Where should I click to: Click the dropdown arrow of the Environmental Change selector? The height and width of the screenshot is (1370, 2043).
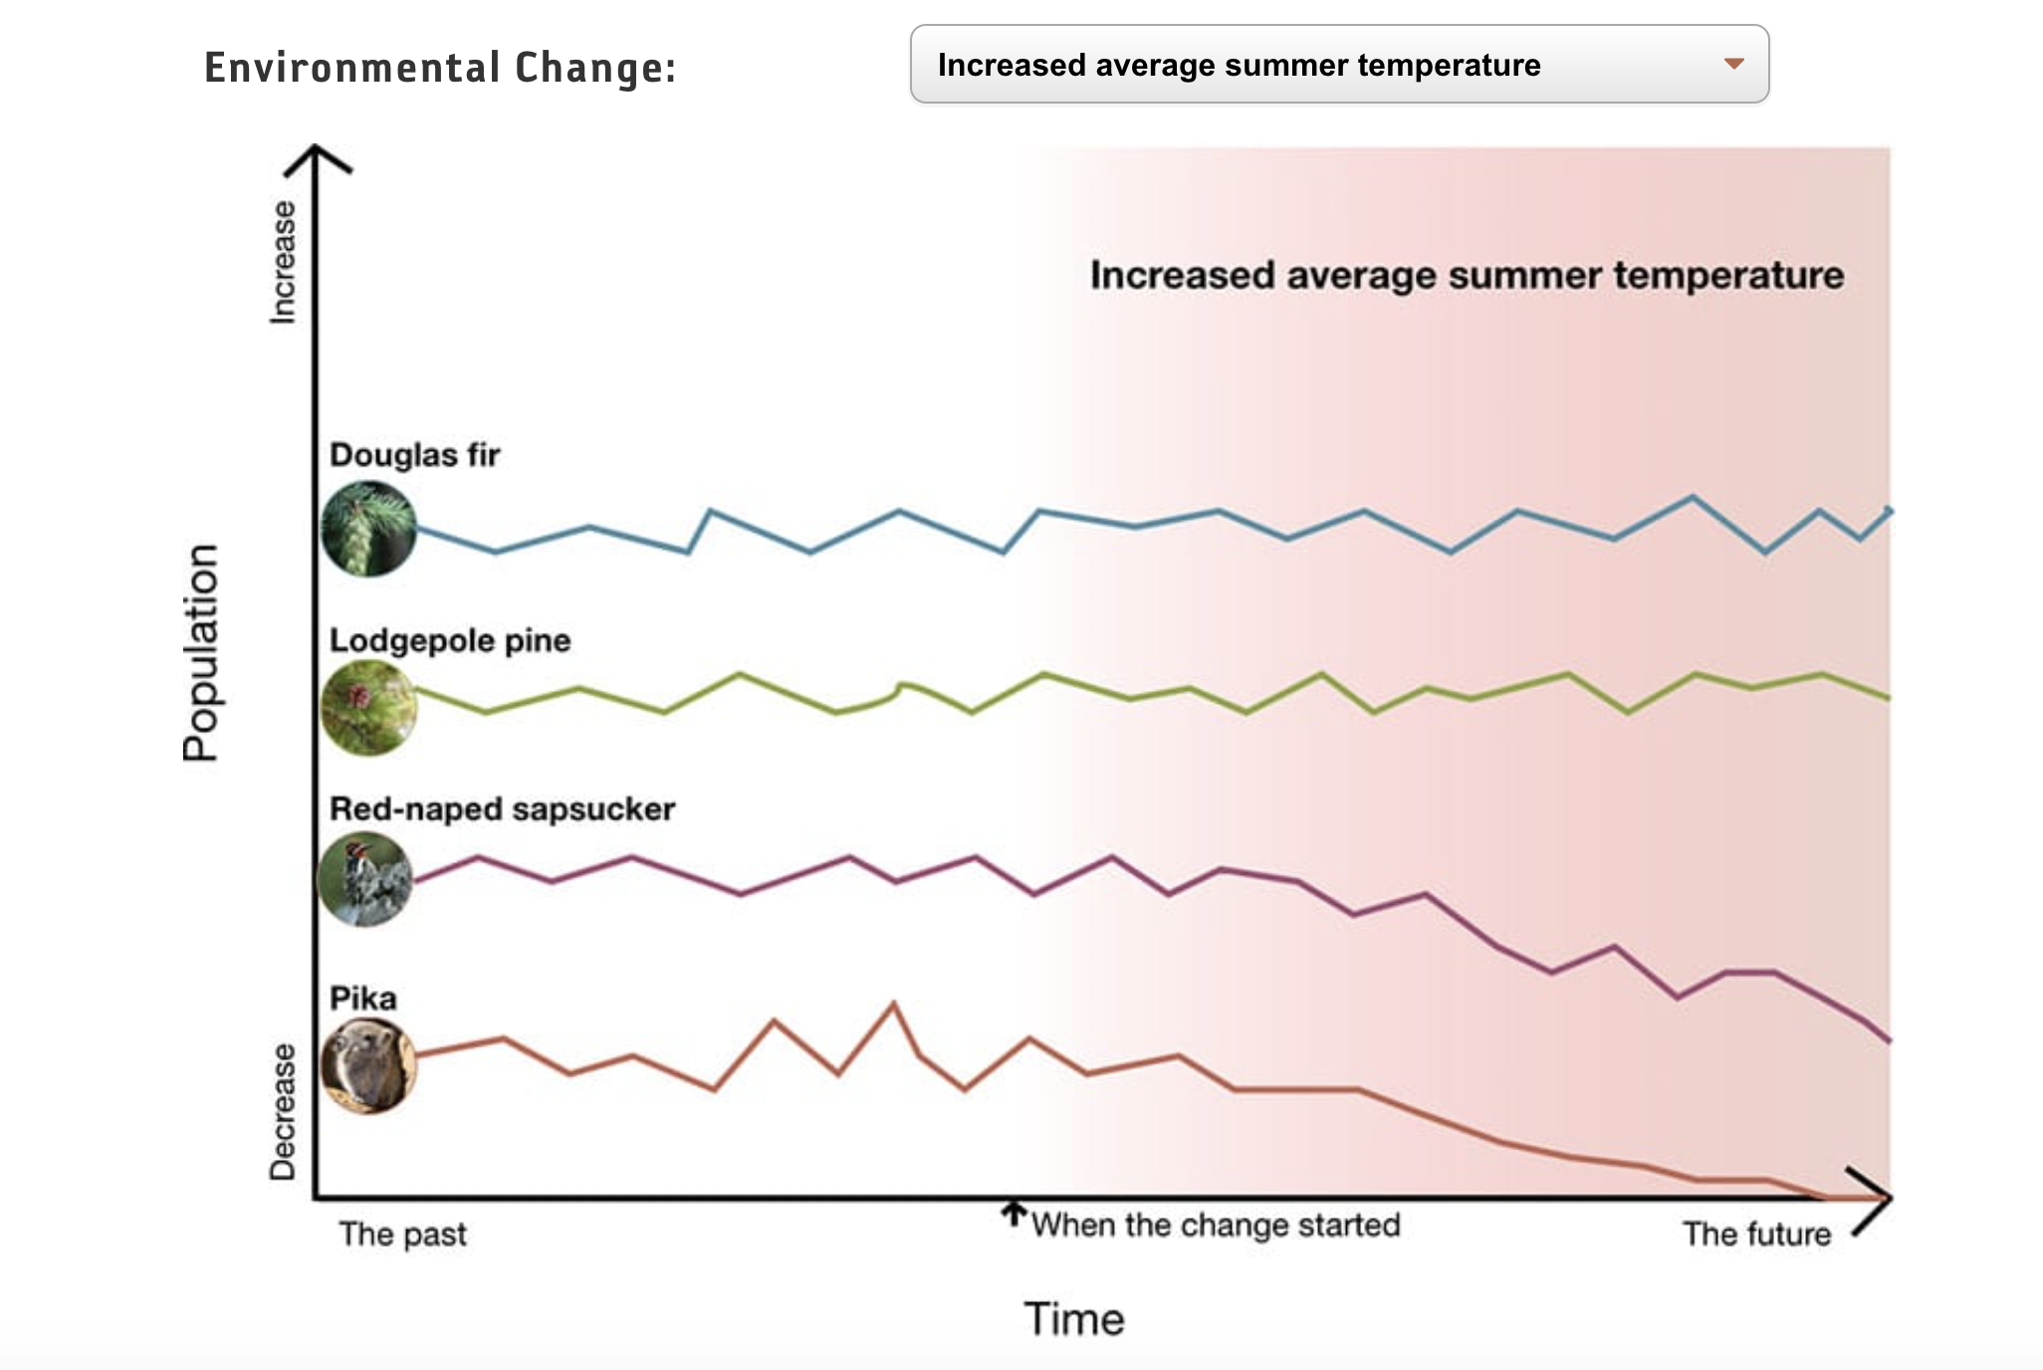click(1733, 64)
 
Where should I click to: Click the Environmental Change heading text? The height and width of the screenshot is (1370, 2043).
click(440, 68)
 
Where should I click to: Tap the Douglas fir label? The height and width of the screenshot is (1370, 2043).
click(414, 455)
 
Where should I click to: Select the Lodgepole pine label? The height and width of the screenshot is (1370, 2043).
click(450, 640)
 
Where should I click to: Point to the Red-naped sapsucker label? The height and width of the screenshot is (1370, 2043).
click(502, 808)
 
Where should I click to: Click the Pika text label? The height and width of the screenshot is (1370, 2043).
click(362, 998)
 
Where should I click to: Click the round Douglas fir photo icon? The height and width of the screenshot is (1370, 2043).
click(368, 529)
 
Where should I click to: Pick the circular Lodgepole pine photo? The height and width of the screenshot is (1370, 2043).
click(368, 708)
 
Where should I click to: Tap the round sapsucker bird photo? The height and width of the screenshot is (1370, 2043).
click(364, 879)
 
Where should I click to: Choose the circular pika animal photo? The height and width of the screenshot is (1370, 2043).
click(368, 1065)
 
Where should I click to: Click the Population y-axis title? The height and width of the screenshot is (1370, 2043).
click(200, 652)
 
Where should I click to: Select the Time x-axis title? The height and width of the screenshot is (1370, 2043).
click(1074, 1319)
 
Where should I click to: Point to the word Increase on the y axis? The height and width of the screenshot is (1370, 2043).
click(284, 262)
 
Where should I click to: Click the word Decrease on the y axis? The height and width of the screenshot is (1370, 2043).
click(284, 1111)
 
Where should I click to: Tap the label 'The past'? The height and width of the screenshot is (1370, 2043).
click(402, 1235)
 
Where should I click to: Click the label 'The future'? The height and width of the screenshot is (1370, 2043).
click(1756, 1235)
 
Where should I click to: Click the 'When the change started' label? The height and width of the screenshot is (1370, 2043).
click(1216, 1225)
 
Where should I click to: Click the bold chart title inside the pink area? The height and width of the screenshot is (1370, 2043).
click(1467, 276)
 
